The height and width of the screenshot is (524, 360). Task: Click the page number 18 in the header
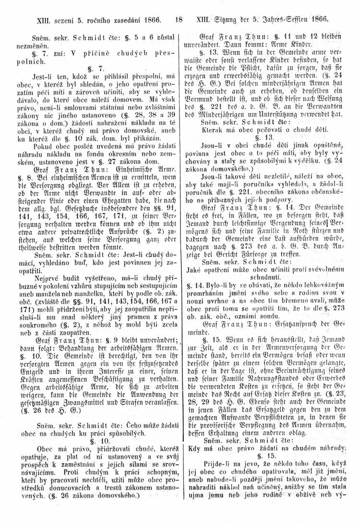click(x=180, y=21)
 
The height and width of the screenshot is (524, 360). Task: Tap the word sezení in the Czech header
click(x=56, y=21)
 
